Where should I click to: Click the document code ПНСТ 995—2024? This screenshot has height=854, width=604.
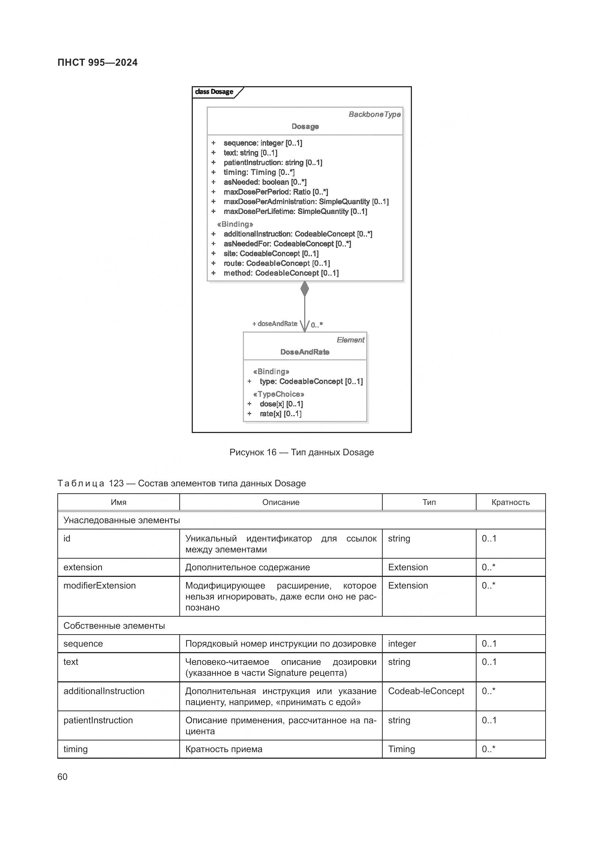[98, 62]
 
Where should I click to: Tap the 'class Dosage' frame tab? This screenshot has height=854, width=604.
[214, 92]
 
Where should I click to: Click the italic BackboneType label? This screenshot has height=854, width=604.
[374, 115]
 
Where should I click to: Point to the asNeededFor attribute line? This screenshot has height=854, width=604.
[287, 244]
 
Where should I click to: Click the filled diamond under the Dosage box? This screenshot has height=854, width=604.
[305, 289]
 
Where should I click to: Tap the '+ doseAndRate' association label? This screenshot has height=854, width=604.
[275, 323]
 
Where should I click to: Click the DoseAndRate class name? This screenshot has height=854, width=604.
[305, 352]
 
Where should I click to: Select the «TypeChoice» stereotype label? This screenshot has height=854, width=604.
[278, 394]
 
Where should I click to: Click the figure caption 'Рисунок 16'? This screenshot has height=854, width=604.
[301, 452]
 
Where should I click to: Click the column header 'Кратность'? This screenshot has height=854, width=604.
[510, 502]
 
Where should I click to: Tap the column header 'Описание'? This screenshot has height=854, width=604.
[280, 502]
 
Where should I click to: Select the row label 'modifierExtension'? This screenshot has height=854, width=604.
[100, 585]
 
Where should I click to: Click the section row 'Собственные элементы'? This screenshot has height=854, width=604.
[114, 626]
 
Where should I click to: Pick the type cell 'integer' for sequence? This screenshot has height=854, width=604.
[402, 643]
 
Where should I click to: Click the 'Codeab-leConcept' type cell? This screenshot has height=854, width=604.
[426, 691]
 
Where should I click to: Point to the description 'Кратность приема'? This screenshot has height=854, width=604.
[223, 749]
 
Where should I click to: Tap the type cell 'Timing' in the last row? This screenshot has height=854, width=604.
[401, 749]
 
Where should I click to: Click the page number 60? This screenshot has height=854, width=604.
[62, 777]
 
